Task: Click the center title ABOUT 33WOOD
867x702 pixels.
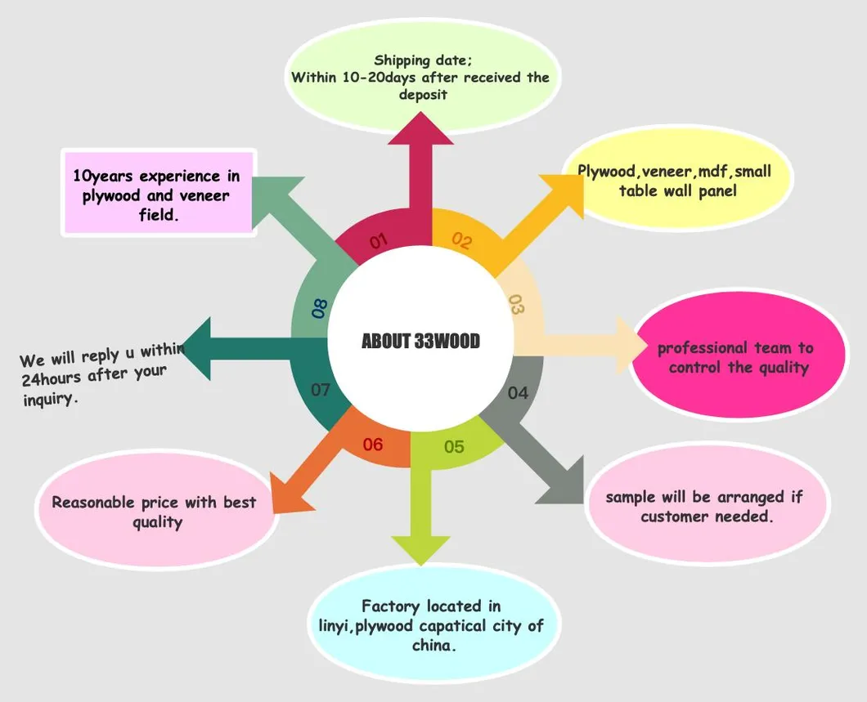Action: coord(420,341)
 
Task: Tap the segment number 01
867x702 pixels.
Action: coord(378,241)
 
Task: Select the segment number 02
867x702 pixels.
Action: coord(462,241)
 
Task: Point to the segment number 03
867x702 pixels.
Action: coord(516,304)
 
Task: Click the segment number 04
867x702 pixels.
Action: coord(518,393)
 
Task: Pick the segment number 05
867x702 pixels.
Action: coord(454,447)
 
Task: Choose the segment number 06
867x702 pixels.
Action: coord(373,445)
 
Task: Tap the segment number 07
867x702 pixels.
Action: coord(321,390)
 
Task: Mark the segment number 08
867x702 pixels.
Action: coord(320,308)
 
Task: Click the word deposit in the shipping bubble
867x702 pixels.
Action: coord(423,95)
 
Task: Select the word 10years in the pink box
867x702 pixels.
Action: coord(104,177)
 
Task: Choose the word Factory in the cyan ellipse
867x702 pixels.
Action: coord(391,606)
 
